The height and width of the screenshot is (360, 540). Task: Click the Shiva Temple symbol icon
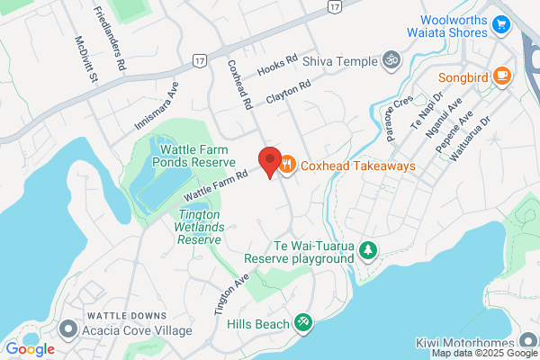pyautogui.click(x=391, y=60)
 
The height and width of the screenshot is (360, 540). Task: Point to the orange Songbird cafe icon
pyautogui.click(x=502, y=76)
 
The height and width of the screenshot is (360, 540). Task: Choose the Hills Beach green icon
pyautogui.click(x=303, y=323)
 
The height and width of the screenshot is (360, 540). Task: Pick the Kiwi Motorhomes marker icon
pyautogui.click(x=528, y=343)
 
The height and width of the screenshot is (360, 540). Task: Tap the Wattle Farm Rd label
pyautogui.click(x=215, y=185)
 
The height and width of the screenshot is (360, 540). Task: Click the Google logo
pyautogui.click(x=30, y=349)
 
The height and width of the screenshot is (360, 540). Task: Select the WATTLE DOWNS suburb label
pyautogui.click(x=127, y=315)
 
